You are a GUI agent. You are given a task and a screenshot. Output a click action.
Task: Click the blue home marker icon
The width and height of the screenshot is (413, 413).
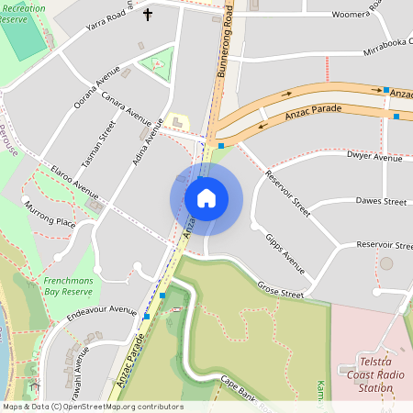coord(206,198)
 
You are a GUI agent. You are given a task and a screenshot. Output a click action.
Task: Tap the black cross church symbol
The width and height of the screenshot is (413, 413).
coord(149,15)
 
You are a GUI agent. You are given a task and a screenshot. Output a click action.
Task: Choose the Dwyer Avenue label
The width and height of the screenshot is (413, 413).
coord(374,158)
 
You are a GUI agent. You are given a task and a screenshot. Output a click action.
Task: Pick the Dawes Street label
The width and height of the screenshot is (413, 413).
coord(381,201)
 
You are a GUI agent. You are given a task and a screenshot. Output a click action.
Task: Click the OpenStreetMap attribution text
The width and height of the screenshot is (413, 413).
coord(93,407)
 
